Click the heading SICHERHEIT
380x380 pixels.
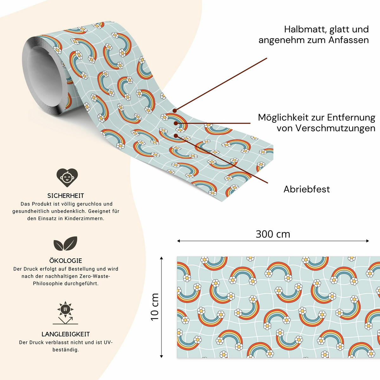click(66, 196)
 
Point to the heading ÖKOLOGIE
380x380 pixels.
click(66, 261)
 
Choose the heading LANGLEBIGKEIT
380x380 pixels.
click(66, 334)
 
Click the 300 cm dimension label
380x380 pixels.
click(273, 234)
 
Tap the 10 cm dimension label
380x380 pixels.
click(155, 307)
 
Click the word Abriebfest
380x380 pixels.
click(307, 189)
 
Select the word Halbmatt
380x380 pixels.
click(305, 29)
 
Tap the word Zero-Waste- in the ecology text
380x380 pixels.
click(95, 276)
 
